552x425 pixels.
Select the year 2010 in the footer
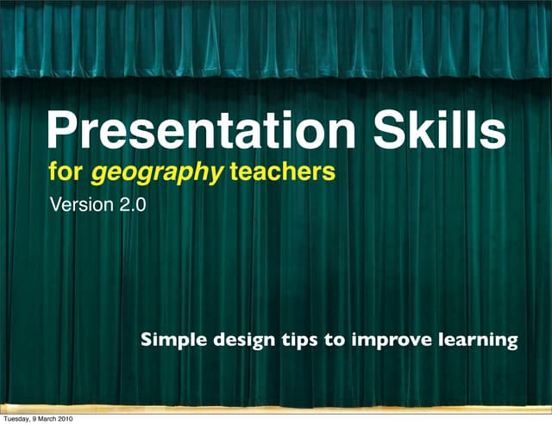click(x=65, y=418)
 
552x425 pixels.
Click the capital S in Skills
click(x=390, y=132)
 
